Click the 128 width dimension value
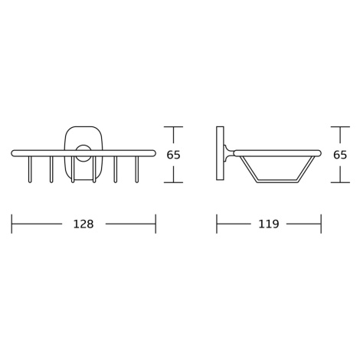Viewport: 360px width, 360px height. pos(83,224)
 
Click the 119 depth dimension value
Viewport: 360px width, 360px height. pos(269,224)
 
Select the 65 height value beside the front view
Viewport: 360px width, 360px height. pos(173,155)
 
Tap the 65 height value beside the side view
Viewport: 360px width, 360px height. pos(340,155)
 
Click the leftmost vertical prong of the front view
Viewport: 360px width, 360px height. pos(30,169)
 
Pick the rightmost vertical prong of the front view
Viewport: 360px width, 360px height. pos(137,169)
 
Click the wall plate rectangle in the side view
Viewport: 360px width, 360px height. pos(220,153)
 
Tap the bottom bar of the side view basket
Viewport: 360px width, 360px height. pos(277,181)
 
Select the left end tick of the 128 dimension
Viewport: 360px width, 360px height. pos(11,224)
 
